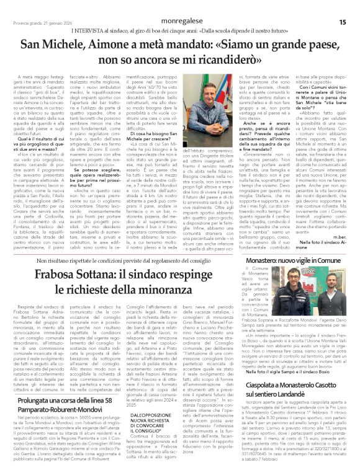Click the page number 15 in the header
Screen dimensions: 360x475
tap(342, 22)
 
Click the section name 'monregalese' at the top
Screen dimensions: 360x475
tap(180, 22)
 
